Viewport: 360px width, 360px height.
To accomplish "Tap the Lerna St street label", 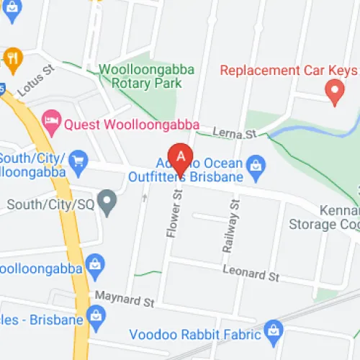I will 235,133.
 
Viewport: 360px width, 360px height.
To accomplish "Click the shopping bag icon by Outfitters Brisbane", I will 254,166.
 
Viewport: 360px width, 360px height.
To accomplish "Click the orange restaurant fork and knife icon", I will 12,58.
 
